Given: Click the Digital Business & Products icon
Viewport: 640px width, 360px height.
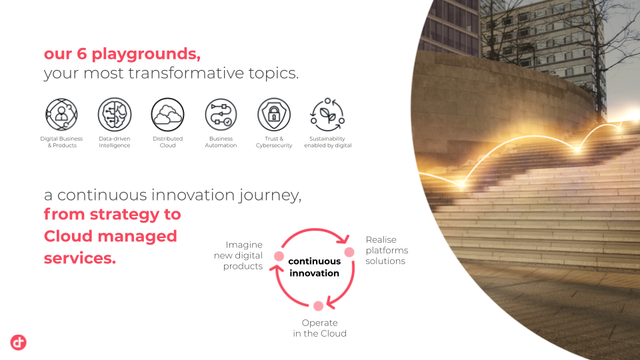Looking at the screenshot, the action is coord(61,114).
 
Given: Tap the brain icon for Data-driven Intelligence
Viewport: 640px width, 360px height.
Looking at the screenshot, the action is coord(115,114).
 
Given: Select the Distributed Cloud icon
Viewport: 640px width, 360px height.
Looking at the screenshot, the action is coord(168,115).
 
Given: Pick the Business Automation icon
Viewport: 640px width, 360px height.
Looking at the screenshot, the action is coord(221,115).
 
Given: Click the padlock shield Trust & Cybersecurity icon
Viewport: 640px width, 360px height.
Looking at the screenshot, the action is coord(274,114).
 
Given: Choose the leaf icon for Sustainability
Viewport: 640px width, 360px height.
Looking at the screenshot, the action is coord(327,114).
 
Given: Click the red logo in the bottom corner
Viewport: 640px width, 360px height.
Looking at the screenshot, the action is coord(19,343).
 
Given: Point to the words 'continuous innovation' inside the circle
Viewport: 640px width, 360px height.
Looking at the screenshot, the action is coord(314,267).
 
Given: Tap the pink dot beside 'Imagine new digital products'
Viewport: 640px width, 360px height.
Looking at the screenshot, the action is coord(279,256).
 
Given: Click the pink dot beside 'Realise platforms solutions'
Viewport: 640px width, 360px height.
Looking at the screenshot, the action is coord(349,252).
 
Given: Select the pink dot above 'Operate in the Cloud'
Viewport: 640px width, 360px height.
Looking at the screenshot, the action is coord(319,306).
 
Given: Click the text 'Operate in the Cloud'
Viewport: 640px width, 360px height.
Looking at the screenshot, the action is coord(319,328).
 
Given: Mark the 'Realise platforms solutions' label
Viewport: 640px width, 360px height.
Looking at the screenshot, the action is coord(387,250).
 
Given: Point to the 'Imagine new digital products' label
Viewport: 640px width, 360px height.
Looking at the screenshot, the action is coord(239,255).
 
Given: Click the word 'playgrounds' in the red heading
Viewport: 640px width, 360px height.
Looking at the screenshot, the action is coord(146,54).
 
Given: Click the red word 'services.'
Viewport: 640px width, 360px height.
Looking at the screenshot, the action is coord(80,258).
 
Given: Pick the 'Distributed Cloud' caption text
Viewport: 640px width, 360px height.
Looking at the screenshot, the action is coord(168,142).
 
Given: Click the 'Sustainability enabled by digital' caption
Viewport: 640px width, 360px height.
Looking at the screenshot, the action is coord(328,142).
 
